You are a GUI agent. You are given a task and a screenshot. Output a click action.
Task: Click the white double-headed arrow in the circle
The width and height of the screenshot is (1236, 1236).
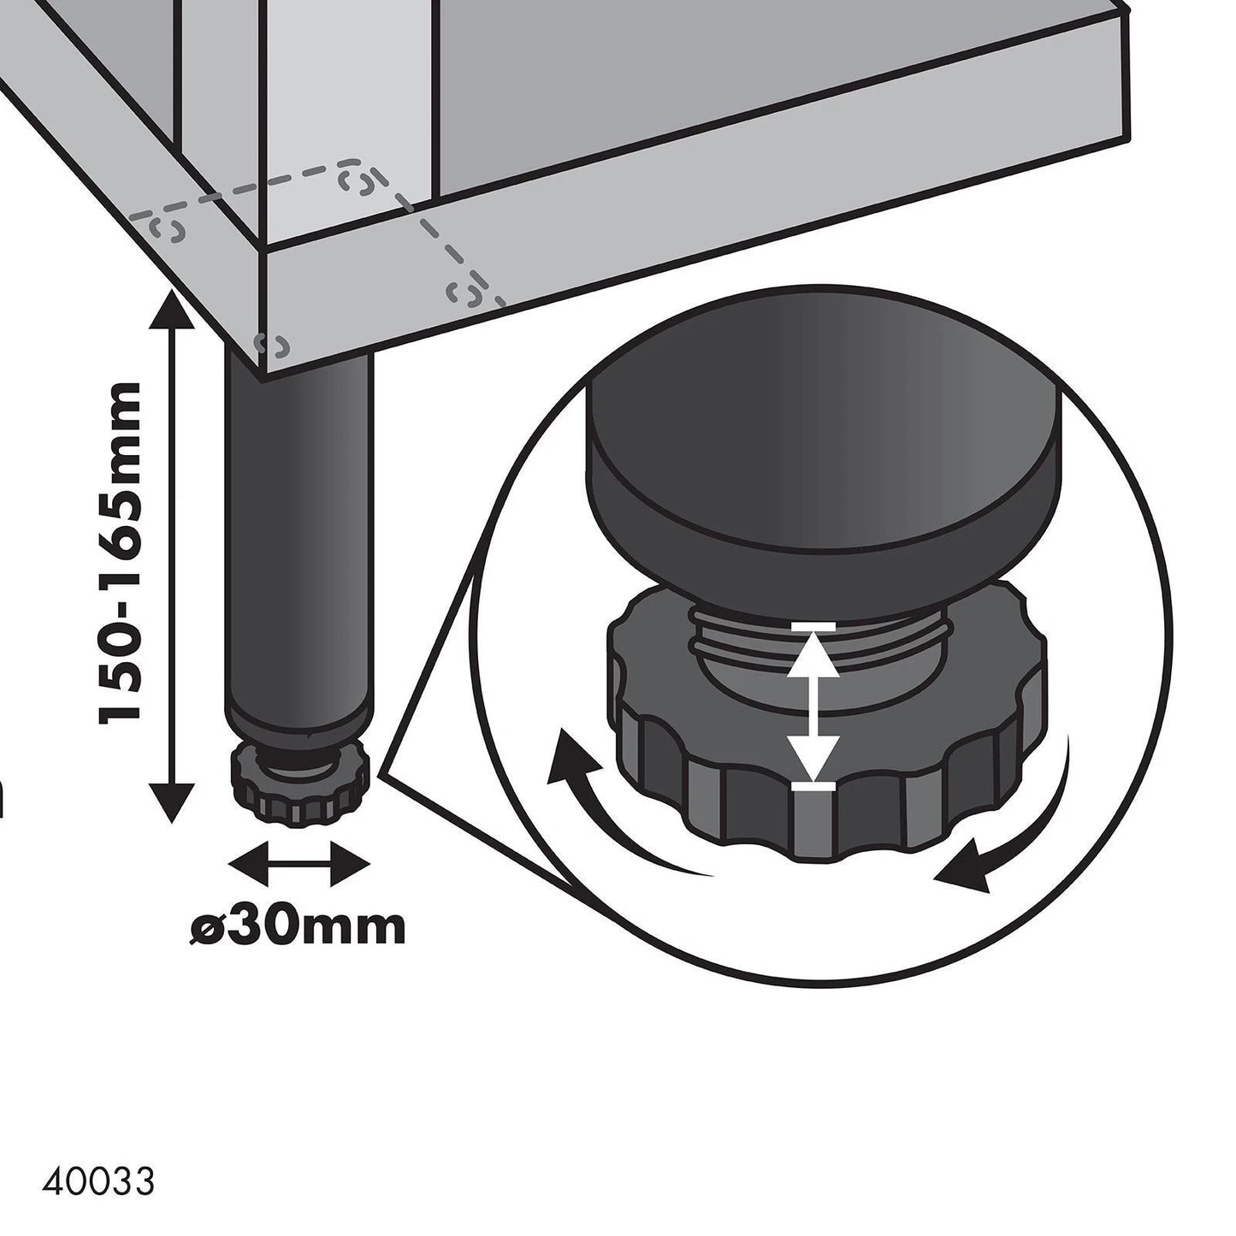(811, 706)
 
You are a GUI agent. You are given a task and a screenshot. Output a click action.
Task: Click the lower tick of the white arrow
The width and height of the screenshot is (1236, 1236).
(811, 785)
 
